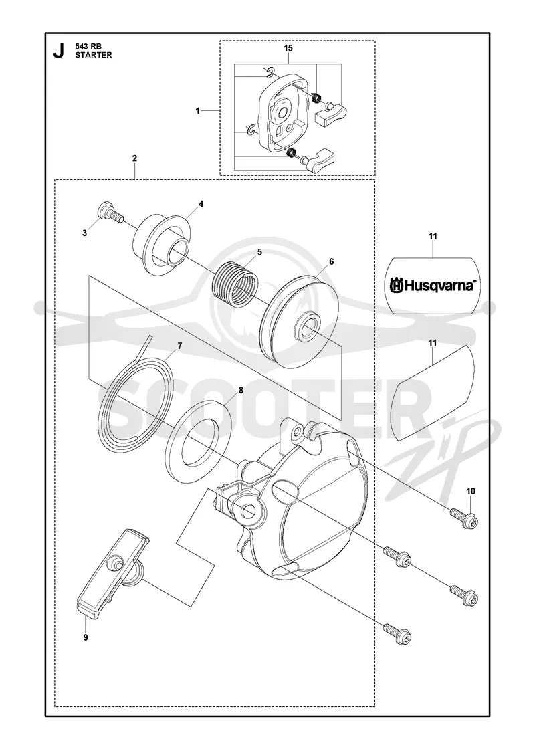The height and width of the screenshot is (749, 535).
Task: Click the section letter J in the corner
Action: (x=58, y=51)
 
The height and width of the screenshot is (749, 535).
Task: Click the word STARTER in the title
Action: (x=94, y=55)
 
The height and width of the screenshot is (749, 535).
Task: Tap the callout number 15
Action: (x=288, y=48)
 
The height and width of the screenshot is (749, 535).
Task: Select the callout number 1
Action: (x=197, y=111)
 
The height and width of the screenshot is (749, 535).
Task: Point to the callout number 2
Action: (x=134, y=158)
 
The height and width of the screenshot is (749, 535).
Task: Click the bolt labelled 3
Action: (x=110, y=215)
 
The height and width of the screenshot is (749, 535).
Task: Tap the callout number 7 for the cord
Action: (x=180, y=346)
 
